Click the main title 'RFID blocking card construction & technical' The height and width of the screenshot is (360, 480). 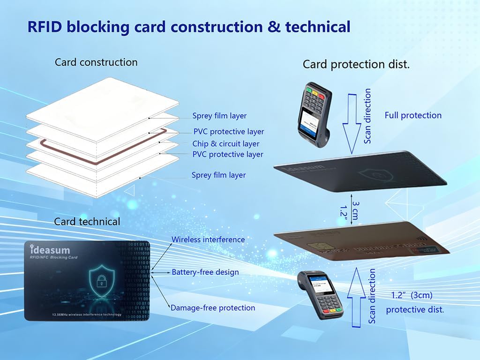[188, 26]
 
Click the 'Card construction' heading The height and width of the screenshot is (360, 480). [96, 62]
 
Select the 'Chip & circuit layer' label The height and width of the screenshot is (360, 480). [225, 144]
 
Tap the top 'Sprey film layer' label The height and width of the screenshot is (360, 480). [219, 116]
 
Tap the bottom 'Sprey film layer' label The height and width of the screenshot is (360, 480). [218, 175]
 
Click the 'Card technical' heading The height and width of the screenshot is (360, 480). [87, 221]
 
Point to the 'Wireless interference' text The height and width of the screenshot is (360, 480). [208, 240]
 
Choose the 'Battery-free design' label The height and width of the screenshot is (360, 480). [205, 272]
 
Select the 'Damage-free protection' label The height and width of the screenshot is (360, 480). [213, 308]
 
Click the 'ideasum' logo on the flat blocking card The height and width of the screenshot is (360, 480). [50, 250]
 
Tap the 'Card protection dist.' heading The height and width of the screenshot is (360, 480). [356, 65]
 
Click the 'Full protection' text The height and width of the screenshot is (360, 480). [413, 115]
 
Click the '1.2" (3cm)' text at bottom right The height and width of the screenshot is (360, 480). [412, 296]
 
